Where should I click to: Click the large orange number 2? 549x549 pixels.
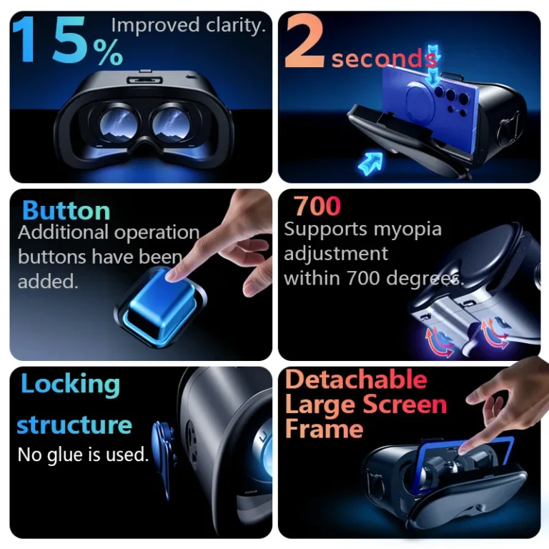tap(306, 43)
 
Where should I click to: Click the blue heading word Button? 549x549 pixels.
tap(66, 211)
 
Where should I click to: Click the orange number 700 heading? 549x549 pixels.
tap(317, 207)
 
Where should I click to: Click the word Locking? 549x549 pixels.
tap(70, 385)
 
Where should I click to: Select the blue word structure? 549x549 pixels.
tap(74, 425)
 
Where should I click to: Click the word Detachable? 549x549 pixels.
tap(356, 380)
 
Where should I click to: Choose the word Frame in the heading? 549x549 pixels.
tap(324, 429)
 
